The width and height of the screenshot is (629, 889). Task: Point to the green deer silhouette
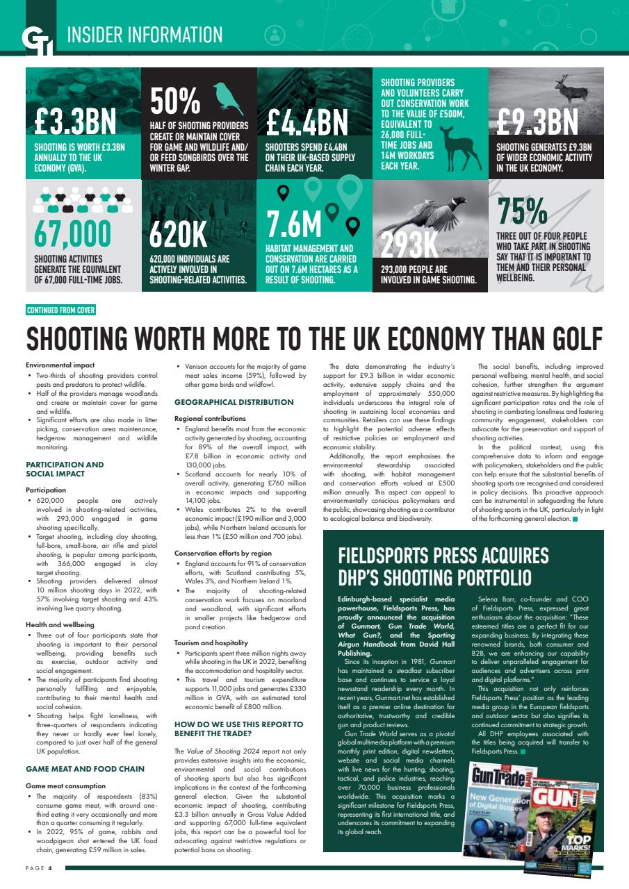456,145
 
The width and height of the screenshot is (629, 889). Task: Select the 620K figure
178,235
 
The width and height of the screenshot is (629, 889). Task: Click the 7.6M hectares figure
295,224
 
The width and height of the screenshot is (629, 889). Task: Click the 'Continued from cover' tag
60,310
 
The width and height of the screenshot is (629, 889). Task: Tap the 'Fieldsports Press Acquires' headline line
443,556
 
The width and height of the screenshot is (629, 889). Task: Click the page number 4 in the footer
50,868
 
